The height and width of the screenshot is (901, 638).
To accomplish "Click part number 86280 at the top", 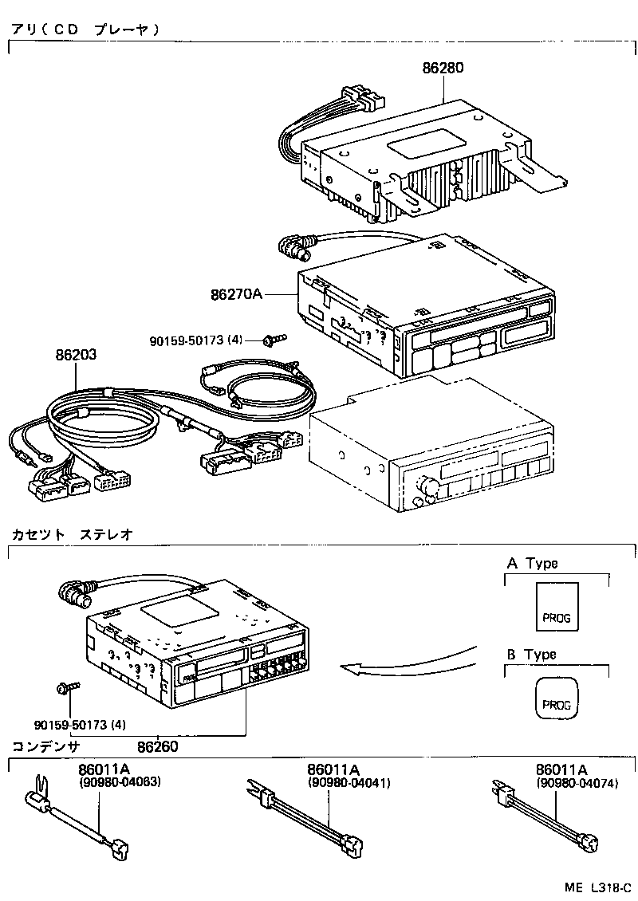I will pyautogui.click(x=443, y=69).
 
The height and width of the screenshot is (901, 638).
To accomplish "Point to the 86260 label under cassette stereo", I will pyautogui.click(x=157, y=747).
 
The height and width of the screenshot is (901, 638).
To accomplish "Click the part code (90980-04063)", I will pyautogui.click(x=120, y=782).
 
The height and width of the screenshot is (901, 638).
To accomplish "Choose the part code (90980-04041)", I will pyautogui.click(x=349, y=782).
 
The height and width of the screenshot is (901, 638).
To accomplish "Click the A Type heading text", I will pyautogui.click(x=532, y=564).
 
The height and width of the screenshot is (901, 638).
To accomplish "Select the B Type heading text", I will pyautogui.click(x=532, y=655).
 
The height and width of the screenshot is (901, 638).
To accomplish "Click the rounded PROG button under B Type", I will pyautogui.click(x=556, y=698).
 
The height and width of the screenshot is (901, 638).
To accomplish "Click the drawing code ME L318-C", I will pyautogui.click(x=599, y=887).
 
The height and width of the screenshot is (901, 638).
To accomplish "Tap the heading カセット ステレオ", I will pyautogui.click(x=72, y=533).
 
